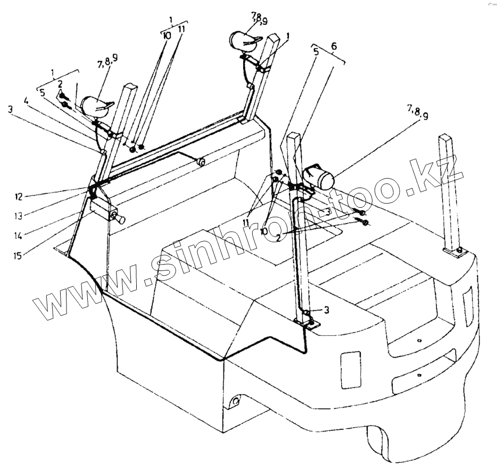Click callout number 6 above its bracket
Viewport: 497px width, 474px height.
click(x=334, y=46)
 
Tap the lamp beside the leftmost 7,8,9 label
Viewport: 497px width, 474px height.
click(x=98, y=106)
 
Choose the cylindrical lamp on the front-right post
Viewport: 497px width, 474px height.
click(x=318, y=176)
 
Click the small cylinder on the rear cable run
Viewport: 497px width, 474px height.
click(x=201, y=162)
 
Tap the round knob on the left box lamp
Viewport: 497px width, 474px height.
click(x=121, y=218)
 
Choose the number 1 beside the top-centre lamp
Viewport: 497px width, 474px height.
click(x=288, y=36)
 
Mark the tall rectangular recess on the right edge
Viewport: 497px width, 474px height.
click(x=468, y=308)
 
